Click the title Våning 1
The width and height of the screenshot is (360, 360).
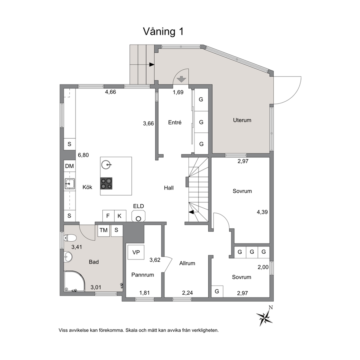tap(163, 32)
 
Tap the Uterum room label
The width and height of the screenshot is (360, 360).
tap(242, 120)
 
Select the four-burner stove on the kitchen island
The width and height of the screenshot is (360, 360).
tap(106, 183)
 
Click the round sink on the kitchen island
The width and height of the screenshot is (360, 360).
tap(106, 165)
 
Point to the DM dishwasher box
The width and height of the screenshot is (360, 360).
tap(69, 166)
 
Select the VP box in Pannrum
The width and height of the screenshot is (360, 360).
tap(136, 252)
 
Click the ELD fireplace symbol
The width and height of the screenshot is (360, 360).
tap(138, 216)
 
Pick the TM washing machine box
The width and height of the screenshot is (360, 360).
tap(103, 231)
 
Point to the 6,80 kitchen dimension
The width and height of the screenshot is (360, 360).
tap(83, 155)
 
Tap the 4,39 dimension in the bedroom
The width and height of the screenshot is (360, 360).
tap(262, 212)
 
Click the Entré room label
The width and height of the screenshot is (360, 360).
tap(175, 123)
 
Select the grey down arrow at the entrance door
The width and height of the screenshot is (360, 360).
tap(181, 79)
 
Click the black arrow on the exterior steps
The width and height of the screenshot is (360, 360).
tap(152, 65)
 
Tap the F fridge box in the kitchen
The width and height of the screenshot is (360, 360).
tap(108, 216)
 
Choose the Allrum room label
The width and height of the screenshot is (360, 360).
tap(187, 263)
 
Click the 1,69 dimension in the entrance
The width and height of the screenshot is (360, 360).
tap(178, 92)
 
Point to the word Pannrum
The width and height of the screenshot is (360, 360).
tap(143, 275)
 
